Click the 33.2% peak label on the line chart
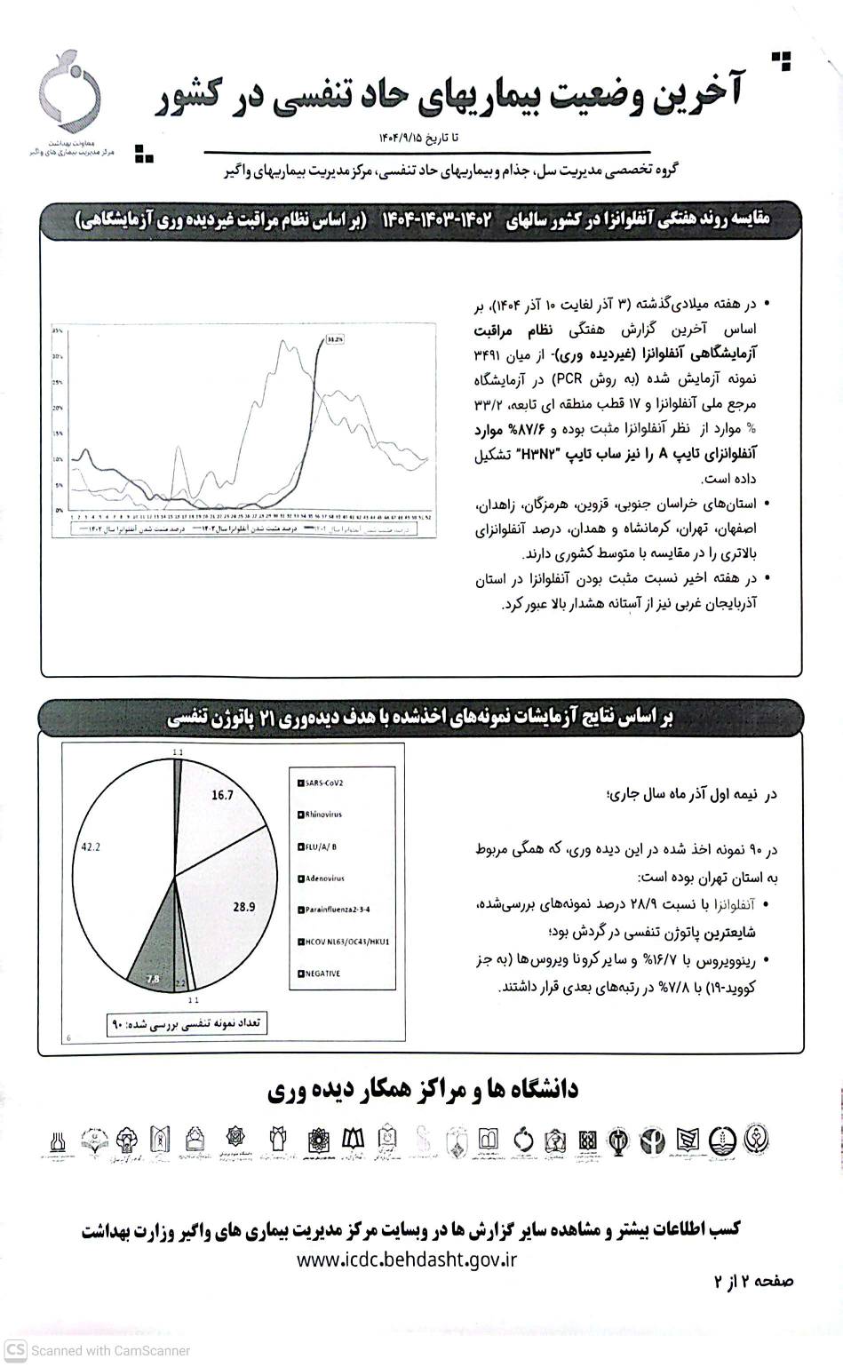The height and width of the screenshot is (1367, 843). click(335, 338)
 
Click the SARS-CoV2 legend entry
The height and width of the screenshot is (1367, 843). click(322, 783)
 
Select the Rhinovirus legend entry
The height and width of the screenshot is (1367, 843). click(321, 815)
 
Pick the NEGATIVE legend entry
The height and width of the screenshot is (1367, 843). click(320, 974)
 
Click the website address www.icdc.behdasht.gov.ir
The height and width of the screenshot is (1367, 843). click(407, 1260)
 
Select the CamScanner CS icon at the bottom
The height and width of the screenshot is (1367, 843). click(15, 1350)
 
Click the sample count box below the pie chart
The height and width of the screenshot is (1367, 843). click(187, 1023)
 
